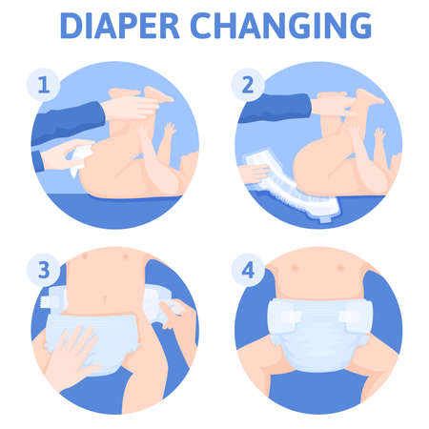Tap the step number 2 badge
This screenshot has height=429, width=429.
click(x=247, y=84)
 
